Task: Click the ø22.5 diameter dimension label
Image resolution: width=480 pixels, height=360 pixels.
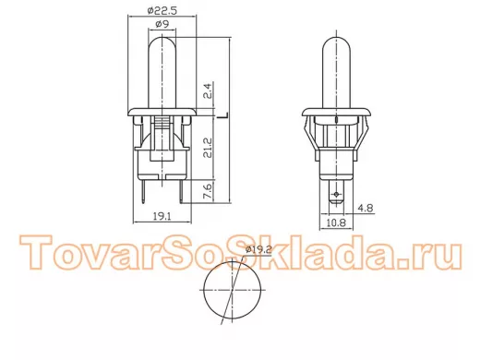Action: (162, 10)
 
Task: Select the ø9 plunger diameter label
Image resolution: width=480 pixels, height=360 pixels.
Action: (162, 24)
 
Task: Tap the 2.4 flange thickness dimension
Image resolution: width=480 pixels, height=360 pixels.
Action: (208, 90)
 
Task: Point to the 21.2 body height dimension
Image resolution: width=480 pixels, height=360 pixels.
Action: (208, 148)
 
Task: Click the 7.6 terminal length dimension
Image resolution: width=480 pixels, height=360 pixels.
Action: (208, 191)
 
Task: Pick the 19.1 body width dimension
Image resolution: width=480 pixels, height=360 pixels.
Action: (162, 216)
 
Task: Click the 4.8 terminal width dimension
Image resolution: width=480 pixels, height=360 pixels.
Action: (366, 209)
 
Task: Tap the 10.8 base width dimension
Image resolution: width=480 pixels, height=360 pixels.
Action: (336, 222)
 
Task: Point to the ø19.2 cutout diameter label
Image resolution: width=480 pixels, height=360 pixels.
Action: (258, 250)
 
